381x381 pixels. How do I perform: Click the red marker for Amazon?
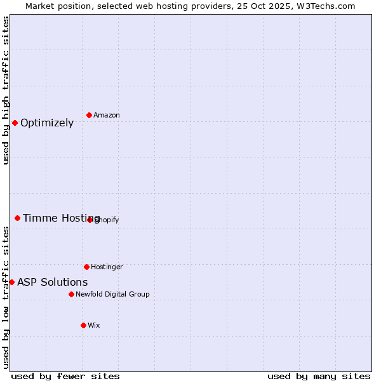[90, 115]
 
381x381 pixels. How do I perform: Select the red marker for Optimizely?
[15, 123]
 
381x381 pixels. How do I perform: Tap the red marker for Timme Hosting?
[17, 218]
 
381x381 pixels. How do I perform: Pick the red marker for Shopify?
[90, 220]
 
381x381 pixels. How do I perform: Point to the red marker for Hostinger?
[86, 267]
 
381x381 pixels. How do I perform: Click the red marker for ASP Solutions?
[11, 282]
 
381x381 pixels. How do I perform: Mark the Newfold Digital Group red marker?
[71, 294]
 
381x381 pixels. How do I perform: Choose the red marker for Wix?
[83, 325]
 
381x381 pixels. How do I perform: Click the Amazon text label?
[107, 115]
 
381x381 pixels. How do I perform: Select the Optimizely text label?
[47, 123]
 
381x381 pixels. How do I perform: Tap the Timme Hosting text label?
[62, 218]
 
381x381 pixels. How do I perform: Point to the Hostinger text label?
[107, 267]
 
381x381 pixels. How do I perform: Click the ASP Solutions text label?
[53, 283]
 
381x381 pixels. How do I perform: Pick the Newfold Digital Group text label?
[112, 294]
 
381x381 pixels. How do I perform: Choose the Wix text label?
[94, 325]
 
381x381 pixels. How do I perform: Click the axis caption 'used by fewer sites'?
[65, 377]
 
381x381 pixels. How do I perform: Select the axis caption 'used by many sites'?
[319, 377]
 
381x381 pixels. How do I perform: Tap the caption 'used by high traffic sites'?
[6, 90]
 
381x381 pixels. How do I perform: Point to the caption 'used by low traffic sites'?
[6, 297]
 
